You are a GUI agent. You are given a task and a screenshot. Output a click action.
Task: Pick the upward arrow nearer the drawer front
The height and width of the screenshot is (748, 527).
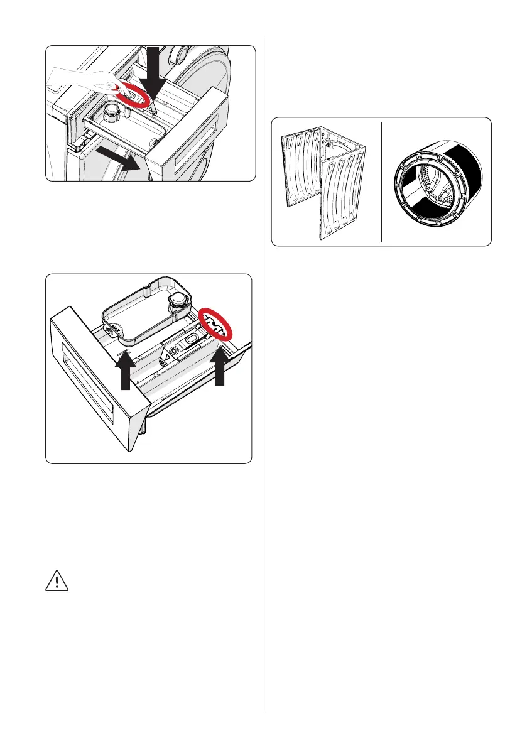tap(125, 373)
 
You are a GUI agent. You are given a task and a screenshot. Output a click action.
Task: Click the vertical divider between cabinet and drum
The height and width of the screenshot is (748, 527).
tap(382, 182)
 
